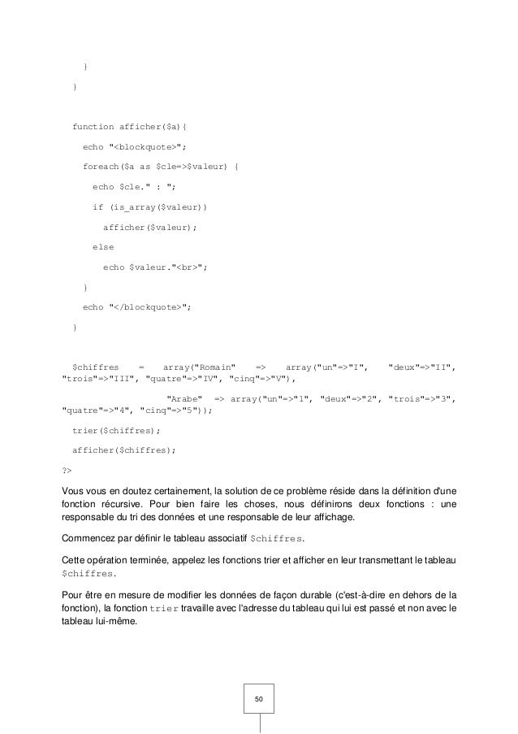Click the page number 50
point(259,699)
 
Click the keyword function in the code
point(93,126)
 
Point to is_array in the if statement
point(136,206)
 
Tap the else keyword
point(103,246)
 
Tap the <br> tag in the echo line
point(197,267)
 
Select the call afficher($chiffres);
point(123,450)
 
